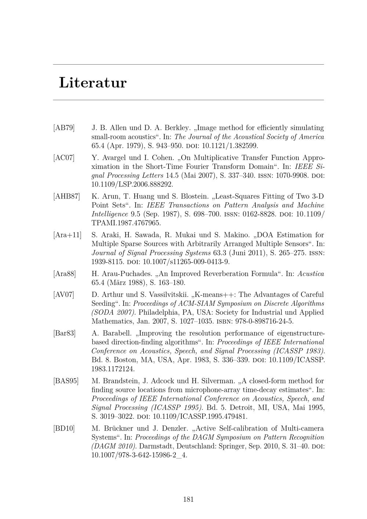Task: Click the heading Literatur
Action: click(92, 83)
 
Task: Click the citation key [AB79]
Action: click(64, 128)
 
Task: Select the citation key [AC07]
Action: click(64, 158)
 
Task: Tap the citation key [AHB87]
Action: click(66, 196)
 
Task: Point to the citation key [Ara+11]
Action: click(67, 235)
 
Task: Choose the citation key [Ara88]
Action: click(65, 274)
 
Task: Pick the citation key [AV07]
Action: click(64, 295)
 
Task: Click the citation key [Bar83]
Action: click(65, 333)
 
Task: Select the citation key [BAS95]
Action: click(66, 381)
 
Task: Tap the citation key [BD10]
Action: click(64, 428)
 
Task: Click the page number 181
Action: click(188, 499)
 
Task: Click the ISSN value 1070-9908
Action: click(290, 175)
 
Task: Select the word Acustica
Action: click(311, 274)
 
